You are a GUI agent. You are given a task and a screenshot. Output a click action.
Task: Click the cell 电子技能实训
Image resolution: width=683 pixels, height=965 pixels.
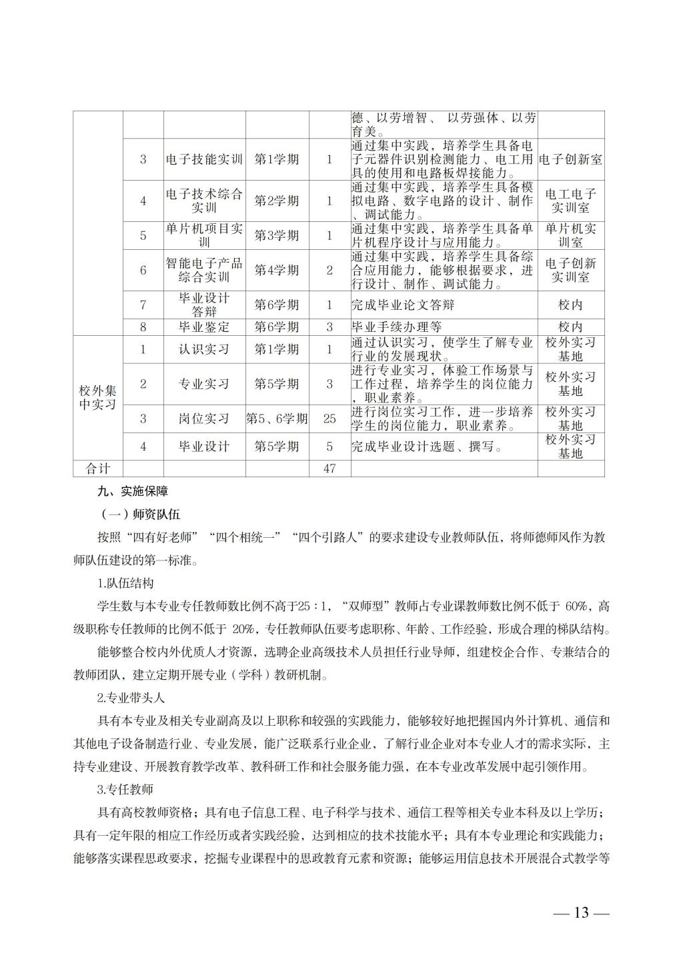(205, 159)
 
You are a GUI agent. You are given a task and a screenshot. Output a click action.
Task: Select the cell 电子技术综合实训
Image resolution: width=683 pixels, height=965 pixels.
(205, 201)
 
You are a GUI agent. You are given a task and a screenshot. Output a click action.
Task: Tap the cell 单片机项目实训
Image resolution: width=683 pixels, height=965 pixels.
(205, 235)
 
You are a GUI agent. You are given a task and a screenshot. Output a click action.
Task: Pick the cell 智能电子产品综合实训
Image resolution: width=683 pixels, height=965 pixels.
(205, 270)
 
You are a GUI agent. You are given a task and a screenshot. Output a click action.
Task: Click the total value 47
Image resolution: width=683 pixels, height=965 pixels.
(329, 469)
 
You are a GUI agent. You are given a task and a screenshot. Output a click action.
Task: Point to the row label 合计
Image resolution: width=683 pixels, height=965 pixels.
(98, 469)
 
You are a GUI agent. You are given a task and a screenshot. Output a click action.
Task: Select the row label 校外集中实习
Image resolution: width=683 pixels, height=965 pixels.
(98, 397)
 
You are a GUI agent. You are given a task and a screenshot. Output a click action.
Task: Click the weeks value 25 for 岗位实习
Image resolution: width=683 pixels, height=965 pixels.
(329, 419)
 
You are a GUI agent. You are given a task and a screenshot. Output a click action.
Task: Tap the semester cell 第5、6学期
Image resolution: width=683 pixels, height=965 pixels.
(277, 419)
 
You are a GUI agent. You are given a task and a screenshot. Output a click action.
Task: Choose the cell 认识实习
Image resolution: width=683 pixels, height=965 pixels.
(205, 349)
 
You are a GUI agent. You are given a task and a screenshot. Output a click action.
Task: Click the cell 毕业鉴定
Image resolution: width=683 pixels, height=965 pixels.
(205, 327)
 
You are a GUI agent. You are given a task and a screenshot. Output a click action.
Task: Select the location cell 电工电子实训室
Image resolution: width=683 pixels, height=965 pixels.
(570, 201)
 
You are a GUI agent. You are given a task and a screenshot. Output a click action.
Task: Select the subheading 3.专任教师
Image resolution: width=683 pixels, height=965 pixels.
(125, 790)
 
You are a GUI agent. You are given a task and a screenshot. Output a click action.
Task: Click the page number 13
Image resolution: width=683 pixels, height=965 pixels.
(581, 912)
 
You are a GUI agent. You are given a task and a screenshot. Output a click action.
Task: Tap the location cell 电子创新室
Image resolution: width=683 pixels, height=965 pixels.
(570, 159)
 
